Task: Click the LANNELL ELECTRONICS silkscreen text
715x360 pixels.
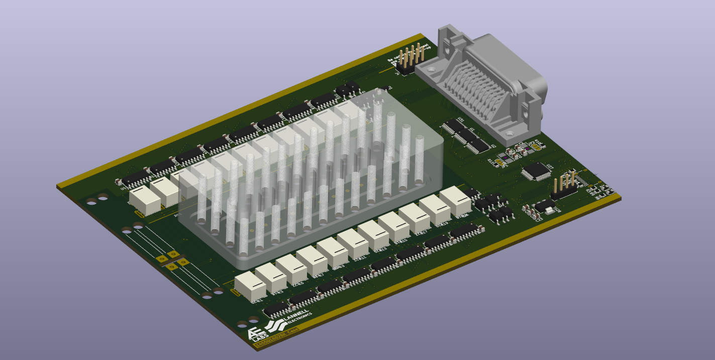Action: (296, 317)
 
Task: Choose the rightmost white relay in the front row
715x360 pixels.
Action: (455, 200)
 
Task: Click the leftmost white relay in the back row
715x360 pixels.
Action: (144, 200)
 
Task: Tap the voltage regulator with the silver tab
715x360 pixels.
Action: (545, 207)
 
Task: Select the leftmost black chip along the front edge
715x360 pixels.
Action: (276, 309)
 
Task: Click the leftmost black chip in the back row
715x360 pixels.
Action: (136, 177)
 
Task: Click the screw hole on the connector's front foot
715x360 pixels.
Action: (509, 133)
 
